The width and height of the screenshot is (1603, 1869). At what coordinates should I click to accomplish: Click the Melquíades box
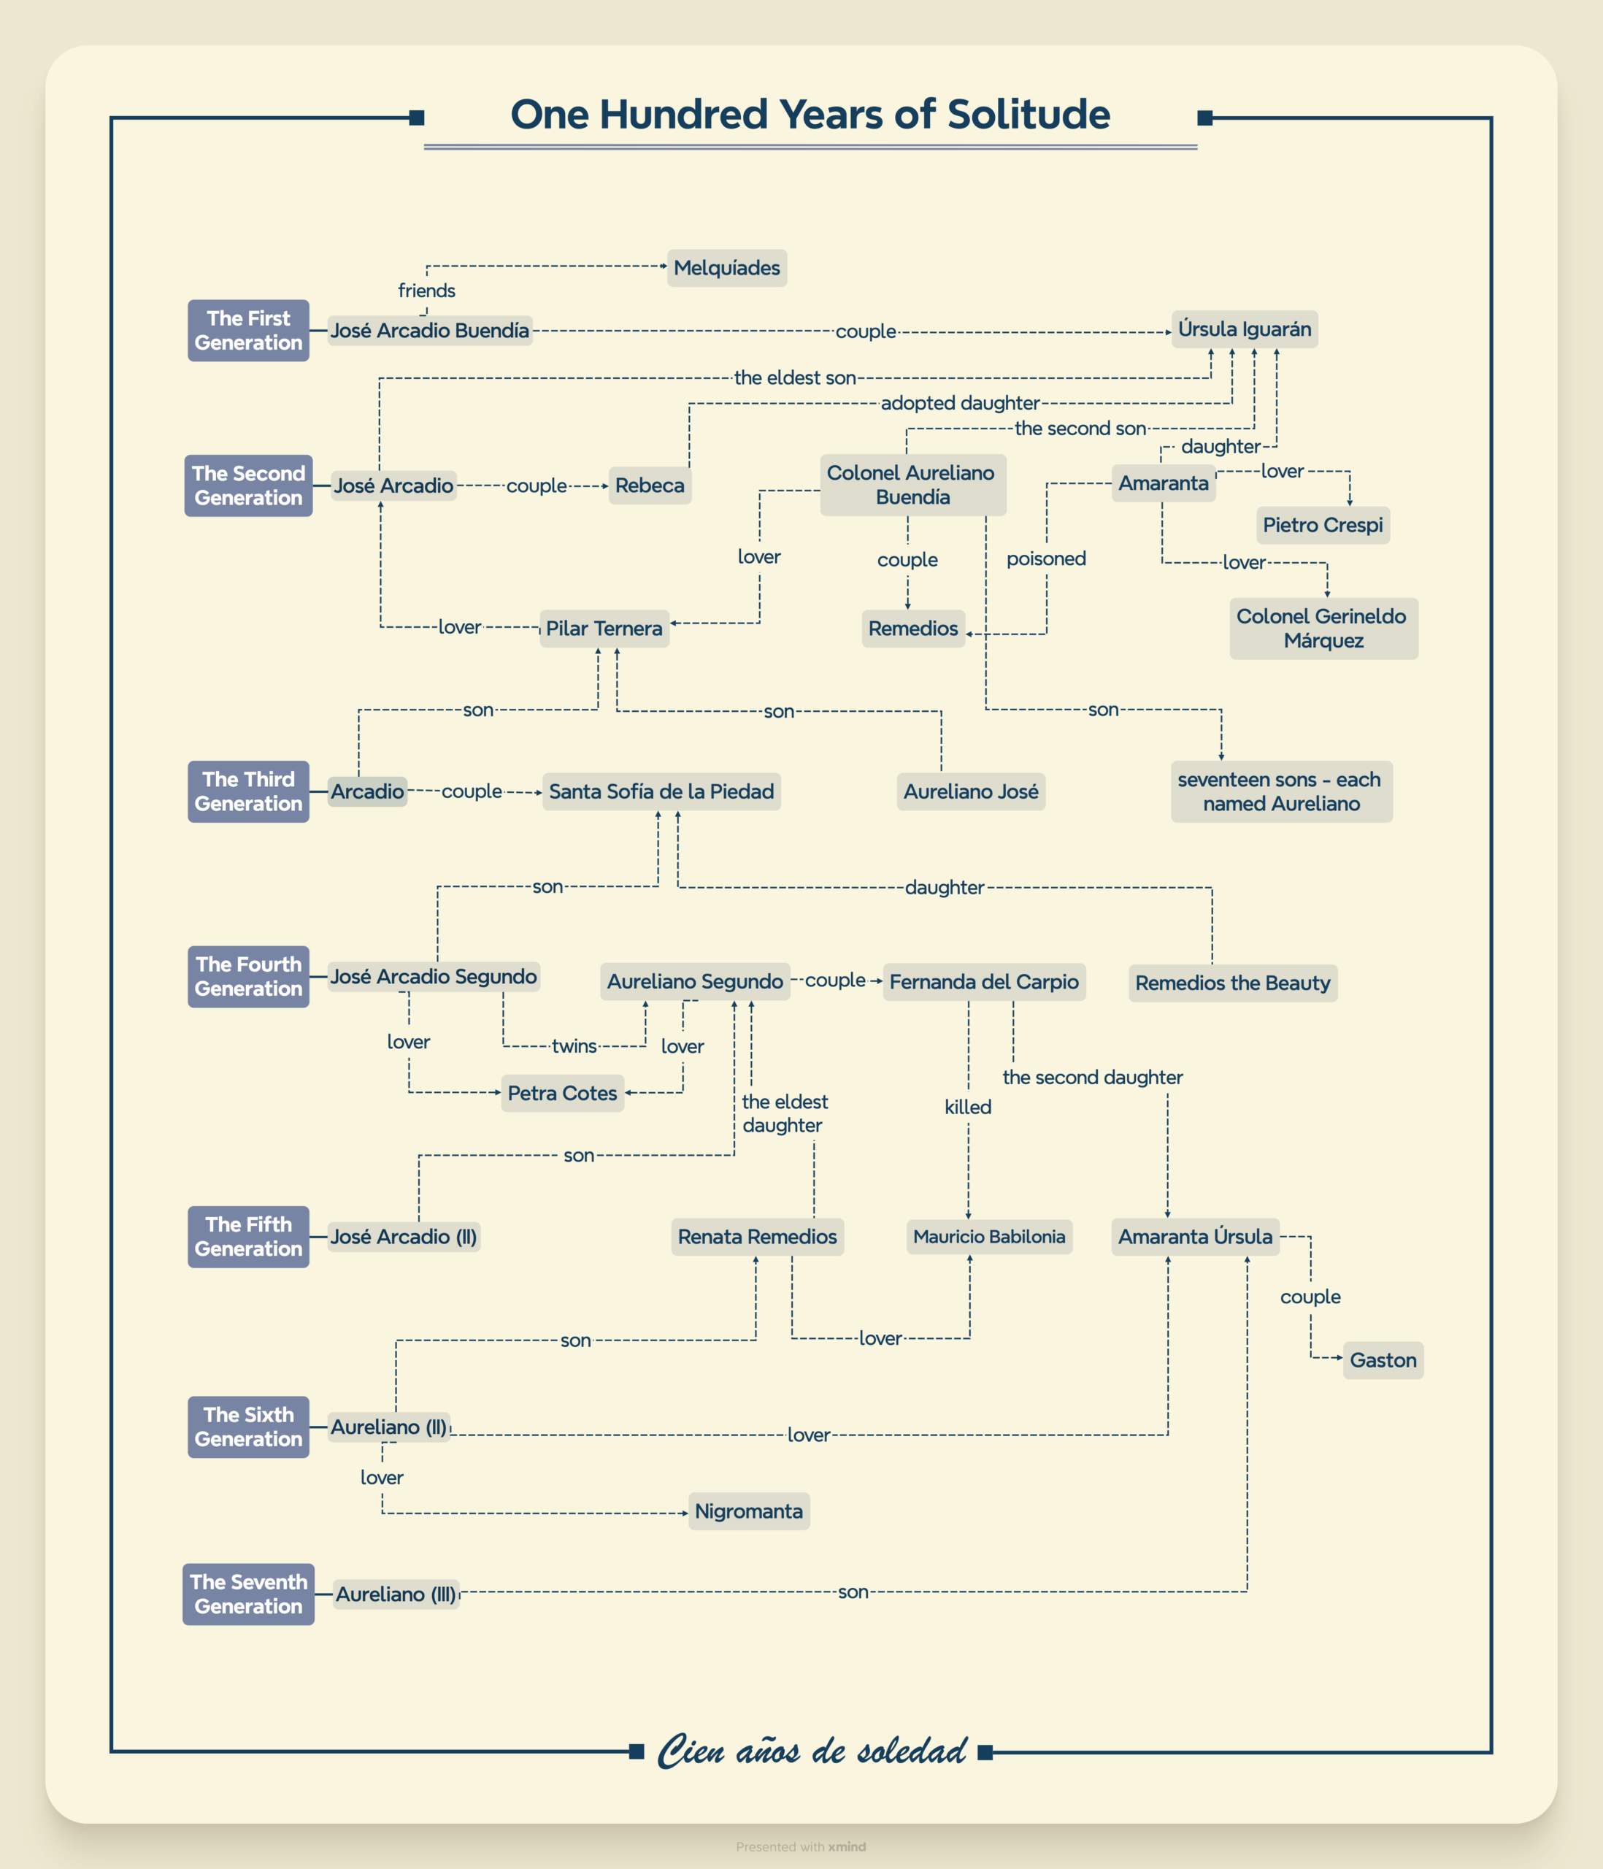pos(726,268)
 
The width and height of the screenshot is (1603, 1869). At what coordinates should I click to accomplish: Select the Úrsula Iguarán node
pos(1244,329)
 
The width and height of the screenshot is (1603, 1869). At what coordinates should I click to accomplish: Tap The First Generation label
pos(248,330)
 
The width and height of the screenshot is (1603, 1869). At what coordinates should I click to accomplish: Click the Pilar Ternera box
pos(604,629)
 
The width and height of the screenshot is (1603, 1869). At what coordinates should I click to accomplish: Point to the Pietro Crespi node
pos(1323,525)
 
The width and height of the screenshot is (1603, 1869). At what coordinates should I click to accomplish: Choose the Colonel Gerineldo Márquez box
pos(1323,629)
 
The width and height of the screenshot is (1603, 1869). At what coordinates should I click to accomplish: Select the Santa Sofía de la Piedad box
pos(661,791)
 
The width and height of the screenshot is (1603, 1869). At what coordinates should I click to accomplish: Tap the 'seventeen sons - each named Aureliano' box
pos(1280,791)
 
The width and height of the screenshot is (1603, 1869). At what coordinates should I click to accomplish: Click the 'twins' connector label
pos(574,1046)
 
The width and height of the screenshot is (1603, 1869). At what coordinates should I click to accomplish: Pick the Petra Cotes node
pos(562,1093)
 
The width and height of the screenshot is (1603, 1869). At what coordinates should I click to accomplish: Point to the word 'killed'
pos(968,1107)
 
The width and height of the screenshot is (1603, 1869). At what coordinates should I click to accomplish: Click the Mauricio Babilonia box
pos(988,1237)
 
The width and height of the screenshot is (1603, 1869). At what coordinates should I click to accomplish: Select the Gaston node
pos(1382,1360)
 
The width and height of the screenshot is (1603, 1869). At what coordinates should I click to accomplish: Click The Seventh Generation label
pos(248,1594)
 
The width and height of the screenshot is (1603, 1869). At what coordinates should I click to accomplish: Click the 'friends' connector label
pos(427,291)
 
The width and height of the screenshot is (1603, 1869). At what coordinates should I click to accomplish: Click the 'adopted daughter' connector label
pos(960,403)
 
